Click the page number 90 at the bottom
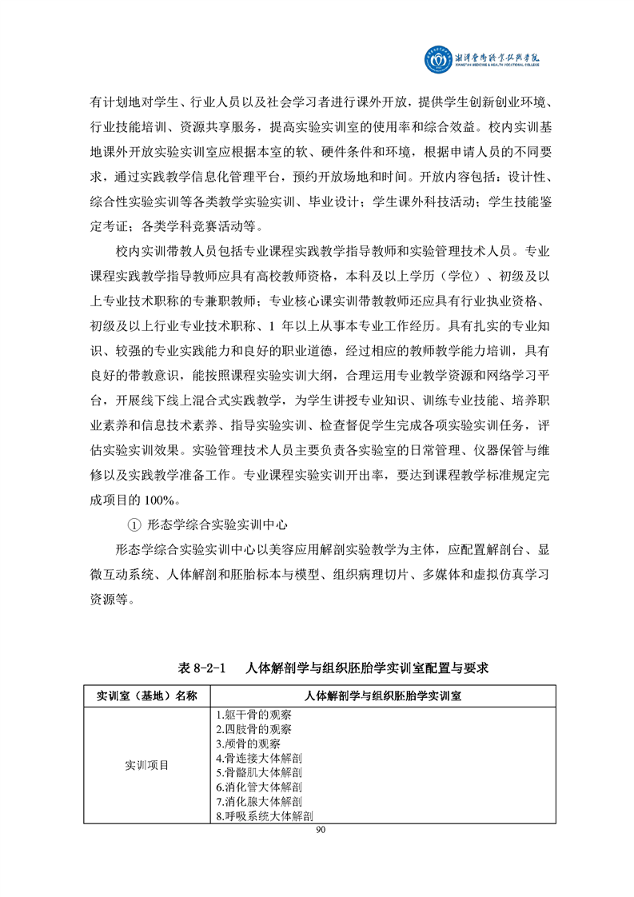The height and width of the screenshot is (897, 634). [321, 831]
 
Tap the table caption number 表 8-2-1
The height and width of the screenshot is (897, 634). [204, 667]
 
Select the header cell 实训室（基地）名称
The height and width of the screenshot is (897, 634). [146, 696]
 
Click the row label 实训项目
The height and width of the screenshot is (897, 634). [146, 765]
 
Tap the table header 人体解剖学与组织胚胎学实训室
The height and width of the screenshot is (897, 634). [383, 696]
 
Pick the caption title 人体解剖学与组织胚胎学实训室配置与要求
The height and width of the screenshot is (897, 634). [367, 667]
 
